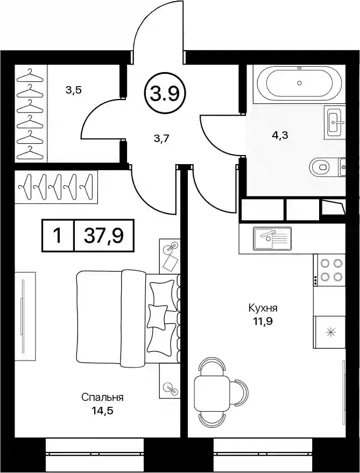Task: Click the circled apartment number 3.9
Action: pyautogui.click(x=165, y=94)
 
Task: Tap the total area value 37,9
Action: pyautogui.click(x=103, y=235)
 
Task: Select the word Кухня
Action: pyautogui.click(x=263, y=308)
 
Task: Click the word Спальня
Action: pyautogui.click(x=102, y=397)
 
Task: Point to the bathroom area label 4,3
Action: pyautogui.click(x=280, y=135)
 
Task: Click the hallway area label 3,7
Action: pyautogui.click(x=162, y=139)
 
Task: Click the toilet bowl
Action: pyautogui.click(x=320, y=166)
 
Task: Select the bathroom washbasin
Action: pyautogui.click(x=335, y=122)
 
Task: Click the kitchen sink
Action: pyautogui.click(x=273, y=238)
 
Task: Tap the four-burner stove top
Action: pyautogui.click(x=329, y=270)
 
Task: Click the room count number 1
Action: pyautogui.click(x=58, y=235)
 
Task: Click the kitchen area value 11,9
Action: pyautogui.click(x=263, y=322)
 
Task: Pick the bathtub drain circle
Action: pyautogui.click(x=299, y=83)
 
